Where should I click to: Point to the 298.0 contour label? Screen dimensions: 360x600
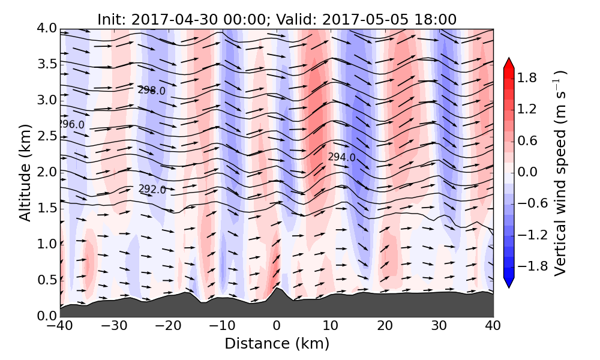[151, 90]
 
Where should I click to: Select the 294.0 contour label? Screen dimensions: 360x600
[341, 157]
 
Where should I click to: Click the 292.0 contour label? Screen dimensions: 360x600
[152, 189]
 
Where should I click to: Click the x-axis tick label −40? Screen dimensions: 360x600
[60, 327]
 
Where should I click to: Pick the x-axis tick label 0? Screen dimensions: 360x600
[277, 327]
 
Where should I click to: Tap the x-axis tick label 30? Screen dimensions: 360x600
[439, 327]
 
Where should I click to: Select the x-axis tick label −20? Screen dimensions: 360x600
[168, 327]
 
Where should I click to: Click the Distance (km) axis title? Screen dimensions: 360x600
[277, 344]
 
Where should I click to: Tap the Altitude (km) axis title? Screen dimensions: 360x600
[25, 172]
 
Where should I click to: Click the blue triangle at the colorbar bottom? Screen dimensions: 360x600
[509, 282]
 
